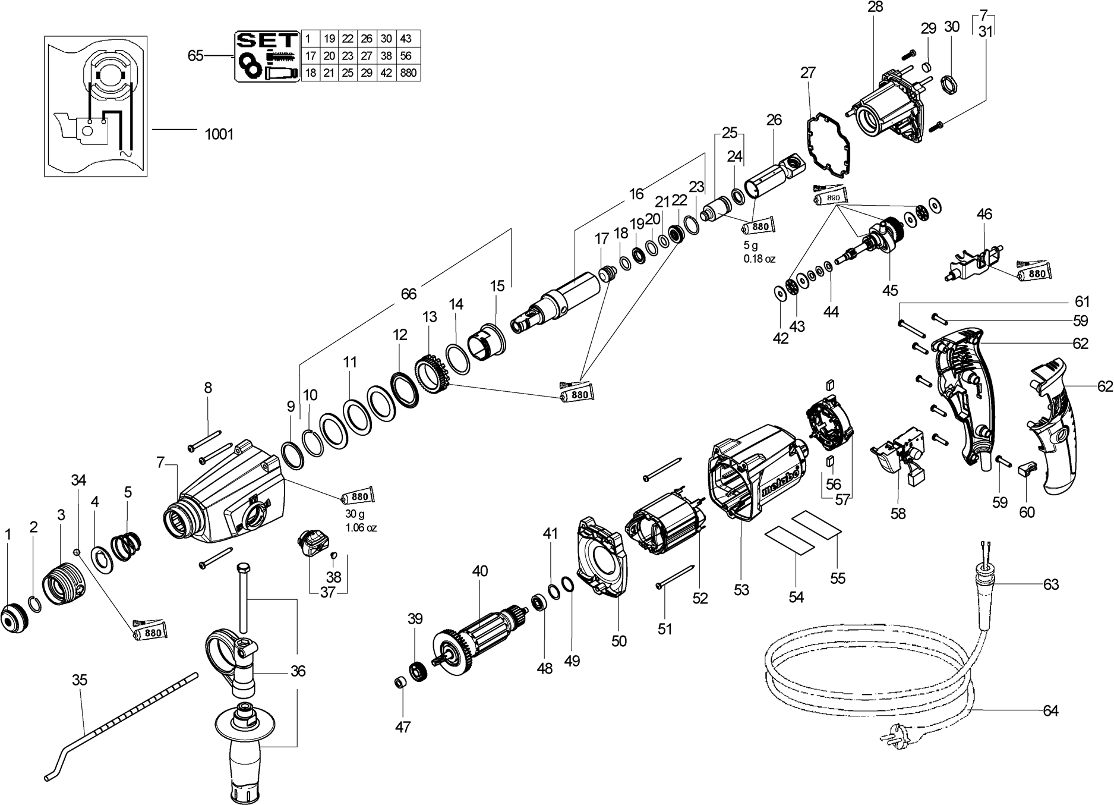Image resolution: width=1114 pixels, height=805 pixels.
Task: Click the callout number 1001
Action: (219, 134)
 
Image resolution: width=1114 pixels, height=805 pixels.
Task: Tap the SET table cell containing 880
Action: (408, 73)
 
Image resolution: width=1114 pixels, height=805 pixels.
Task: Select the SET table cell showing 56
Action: (406, 56)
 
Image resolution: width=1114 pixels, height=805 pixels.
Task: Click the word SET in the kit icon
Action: (266, 40)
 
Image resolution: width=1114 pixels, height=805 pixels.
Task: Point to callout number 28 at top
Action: (875, 7)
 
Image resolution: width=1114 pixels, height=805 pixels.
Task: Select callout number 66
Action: (408, 294)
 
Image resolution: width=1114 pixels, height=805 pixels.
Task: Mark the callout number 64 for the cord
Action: (1050, 710)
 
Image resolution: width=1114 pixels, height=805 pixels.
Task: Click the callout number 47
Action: (403, 727)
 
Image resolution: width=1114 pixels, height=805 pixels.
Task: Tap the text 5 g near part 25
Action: (750, 246)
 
